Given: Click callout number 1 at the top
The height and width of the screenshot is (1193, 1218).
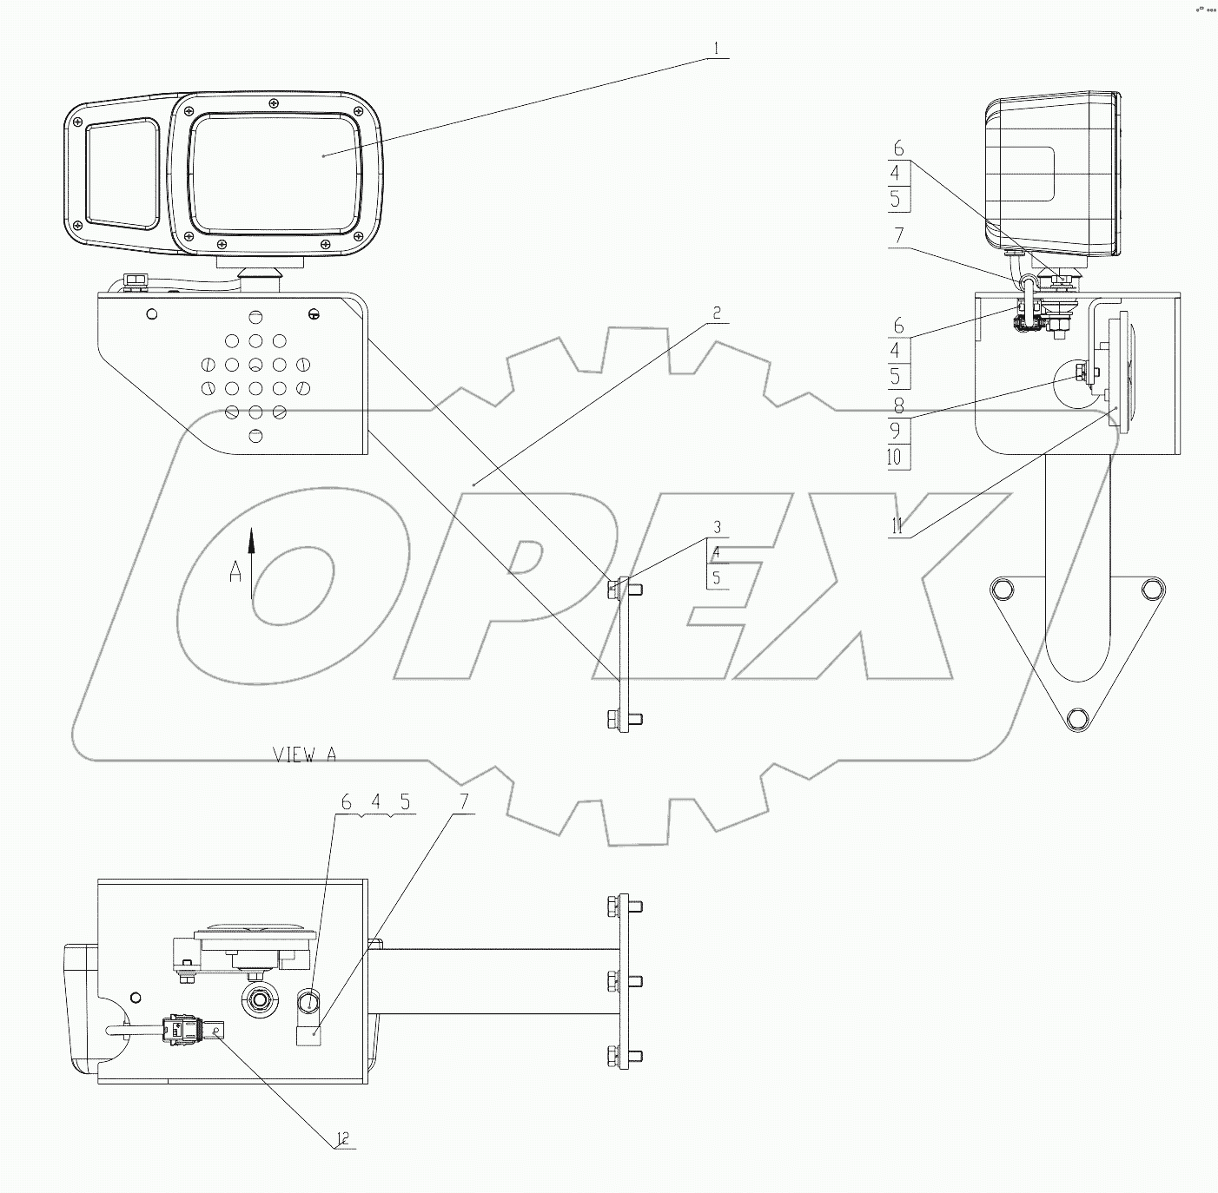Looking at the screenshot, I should click(x=716, y=49).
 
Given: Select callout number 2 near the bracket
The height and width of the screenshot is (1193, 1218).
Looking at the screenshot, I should click(x=716, y=314).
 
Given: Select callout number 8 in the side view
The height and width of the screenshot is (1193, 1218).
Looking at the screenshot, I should click(x=897, y=405).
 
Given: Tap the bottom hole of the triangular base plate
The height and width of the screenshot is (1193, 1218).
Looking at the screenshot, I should click(x=1076, y=718).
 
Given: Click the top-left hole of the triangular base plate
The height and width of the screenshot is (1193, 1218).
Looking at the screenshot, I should click(x=1000, y=590).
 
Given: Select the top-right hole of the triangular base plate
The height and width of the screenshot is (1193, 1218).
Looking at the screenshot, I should click(x=1152, y=589).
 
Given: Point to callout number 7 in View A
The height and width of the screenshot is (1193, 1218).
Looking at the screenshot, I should click(x=463, y=803).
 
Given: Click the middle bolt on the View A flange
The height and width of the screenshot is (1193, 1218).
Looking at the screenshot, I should click(x=623, y=982).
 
